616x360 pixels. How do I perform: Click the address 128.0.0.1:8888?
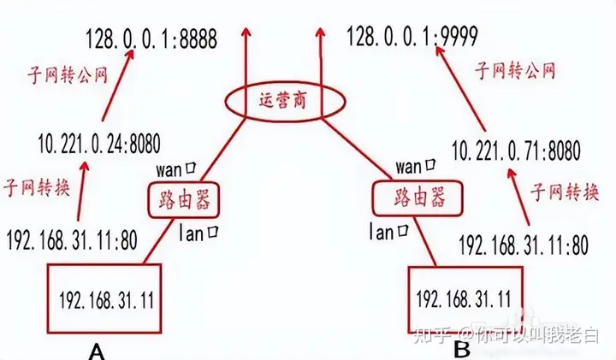152,38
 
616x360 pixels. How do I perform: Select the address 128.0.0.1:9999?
412,36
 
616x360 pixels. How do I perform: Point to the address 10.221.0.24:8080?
100,143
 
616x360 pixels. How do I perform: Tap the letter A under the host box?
98,350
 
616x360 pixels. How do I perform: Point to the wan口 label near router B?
417,164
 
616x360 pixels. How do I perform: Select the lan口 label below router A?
204,230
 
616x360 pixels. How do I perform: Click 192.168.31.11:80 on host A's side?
72,241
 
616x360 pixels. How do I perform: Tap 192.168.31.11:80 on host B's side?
524,246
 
